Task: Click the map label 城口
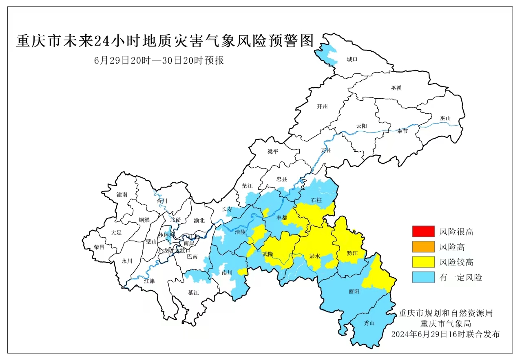[352, 60]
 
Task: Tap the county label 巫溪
[396, 88]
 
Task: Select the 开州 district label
[322, 107]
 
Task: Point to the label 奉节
[402, 131]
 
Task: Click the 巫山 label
[445, 118]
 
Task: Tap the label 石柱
[316, 200]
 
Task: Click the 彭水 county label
[315, 256]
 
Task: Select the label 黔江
[352, 253]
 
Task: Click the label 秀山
[369, 322]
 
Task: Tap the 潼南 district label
[122, 195]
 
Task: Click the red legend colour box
[423, 232]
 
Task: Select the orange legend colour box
[423, 247]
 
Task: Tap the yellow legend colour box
[423, 262]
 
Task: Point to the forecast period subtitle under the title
[159, 60]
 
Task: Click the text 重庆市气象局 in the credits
[446, 324]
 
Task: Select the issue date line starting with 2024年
[445, 334]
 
